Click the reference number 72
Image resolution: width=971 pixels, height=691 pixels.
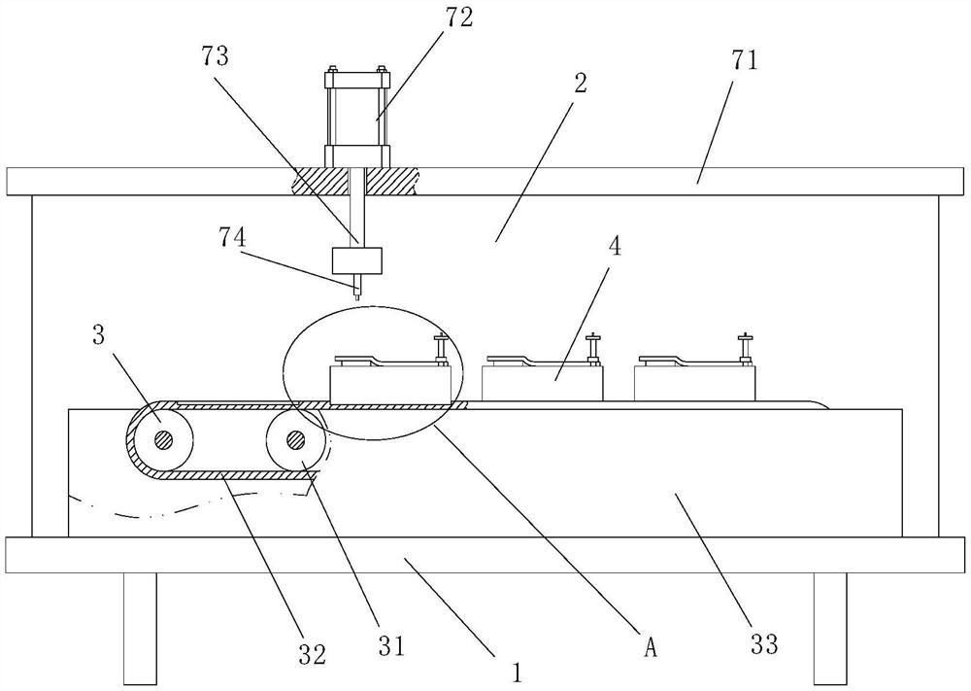459,17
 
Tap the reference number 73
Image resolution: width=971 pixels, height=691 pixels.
215,56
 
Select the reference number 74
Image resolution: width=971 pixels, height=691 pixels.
232,237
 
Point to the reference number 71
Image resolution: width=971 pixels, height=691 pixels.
745,60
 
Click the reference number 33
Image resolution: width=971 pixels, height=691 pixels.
763,644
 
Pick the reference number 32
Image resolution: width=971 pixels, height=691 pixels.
312,654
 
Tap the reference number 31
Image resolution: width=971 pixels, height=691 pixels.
390,646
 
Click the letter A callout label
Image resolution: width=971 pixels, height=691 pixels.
650,647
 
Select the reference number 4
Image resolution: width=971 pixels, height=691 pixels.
615,246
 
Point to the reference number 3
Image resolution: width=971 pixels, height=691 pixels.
98,335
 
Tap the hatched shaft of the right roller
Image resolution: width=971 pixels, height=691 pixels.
295,439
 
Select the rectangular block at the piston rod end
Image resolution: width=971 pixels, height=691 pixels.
357,260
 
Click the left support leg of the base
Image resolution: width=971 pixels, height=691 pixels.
140,628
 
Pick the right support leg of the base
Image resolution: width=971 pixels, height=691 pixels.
830,628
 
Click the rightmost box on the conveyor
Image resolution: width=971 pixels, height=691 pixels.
695,382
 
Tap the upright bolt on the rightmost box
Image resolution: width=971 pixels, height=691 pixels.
743,349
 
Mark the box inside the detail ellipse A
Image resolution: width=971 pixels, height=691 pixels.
390,382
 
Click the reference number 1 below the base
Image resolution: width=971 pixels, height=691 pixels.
518,672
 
